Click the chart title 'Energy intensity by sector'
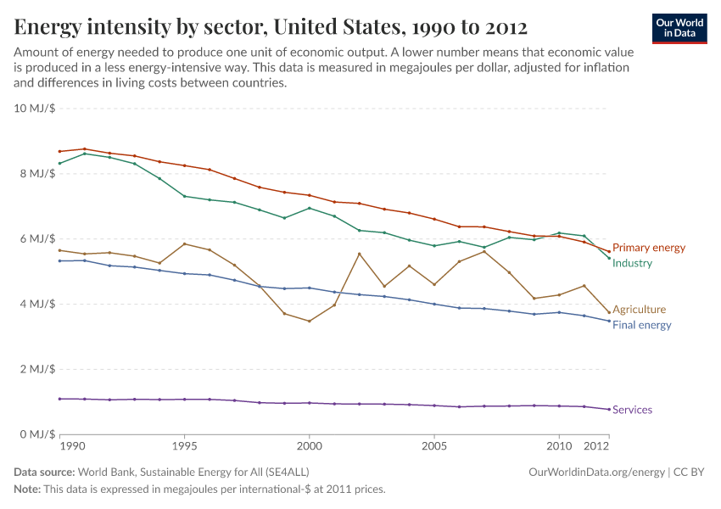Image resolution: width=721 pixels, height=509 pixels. (x=271, y=27)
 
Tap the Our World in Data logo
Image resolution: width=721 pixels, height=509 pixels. (x=679, y=28)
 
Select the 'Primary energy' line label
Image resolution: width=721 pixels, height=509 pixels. (x=648, y=248)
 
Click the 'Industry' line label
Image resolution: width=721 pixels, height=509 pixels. (x=632, y=263)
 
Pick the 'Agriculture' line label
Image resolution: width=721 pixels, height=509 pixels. (x=639, y=310)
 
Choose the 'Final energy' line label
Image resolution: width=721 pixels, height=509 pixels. (x=641, y=325)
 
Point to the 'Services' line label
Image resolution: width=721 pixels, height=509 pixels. (x=632, y=410)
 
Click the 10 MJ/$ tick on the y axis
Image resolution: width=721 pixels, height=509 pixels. (x=34, y=109)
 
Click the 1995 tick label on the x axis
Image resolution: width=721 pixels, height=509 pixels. (x=185, y=445)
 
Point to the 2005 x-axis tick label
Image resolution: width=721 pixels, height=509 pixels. (x=434, y=445)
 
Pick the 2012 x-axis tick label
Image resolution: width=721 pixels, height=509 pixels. (x=597, y=445)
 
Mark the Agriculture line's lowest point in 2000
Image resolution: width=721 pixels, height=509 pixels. (x=310, y=321)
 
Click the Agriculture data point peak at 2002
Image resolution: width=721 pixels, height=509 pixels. (x=360, y=254)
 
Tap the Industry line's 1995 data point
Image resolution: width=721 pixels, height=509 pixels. (x=185, y=196)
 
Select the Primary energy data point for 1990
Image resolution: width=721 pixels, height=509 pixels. (x=60, y=151)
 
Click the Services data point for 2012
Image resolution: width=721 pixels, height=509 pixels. (x=609, y=409)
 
